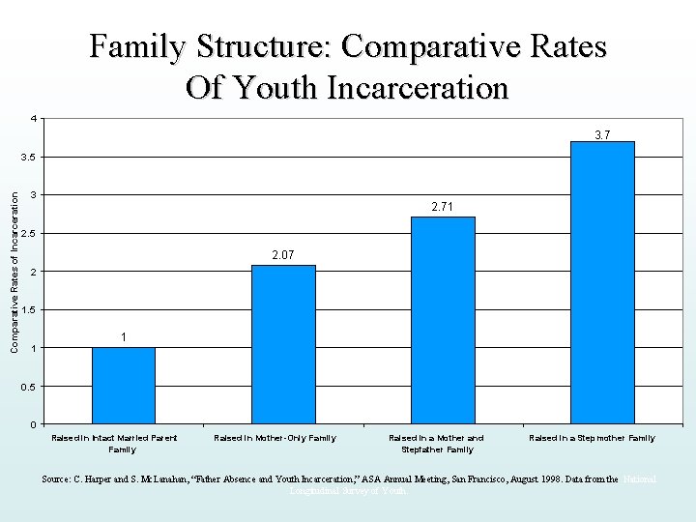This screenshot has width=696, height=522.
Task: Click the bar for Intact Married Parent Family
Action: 124,386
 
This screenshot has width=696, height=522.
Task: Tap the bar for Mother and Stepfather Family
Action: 443,320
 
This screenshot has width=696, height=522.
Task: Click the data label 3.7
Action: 602,134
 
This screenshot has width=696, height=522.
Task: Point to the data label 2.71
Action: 443,207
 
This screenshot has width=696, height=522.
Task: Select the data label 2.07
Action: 283,255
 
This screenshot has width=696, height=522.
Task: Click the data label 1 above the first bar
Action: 124,336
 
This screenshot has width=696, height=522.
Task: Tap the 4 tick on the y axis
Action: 34,119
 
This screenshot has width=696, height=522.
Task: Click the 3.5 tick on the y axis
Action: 30,158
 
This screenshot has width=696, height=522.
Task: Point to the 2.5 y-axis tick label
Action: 30,234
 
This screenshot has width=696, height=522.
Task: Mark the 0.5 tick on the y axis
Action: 30,387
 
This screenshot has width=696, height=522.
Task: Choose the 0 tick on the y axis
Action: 34,424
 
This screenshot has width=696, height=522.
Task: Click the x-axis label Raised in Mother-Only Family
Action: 275,438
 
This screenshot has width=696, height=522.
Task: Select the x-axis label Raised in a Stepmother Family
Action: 592,438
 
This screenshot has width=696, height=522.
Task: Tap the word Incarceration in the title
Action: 418,88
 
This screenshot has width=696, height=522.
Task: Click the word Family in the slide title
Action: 138,46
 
